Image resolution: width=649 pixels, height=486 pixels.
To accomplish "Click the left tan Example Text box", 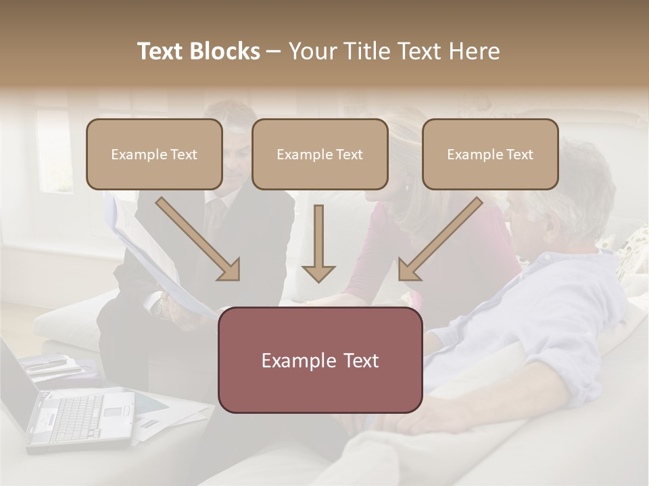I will [154, 154].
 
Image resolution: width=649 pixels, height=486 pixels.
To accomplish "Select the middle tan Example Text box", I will [320, 154].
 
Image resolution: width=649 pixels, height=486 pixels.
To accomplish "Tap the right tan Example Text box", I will [490, 154].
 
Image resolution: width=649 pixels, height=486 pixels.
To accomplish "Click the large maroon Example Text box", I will [320, 360].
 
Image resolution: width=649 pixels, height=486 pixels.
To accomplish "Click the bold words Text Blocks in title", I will [198, 51].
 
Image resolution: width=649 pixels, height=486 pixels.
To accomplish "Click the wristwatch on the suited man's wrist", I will [157, 307].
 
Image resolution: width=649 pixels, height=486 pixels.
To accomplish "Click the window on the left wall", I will [54, 152].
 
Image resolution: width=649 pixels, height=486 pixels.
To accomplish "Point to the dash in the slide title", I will [274, 51].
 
